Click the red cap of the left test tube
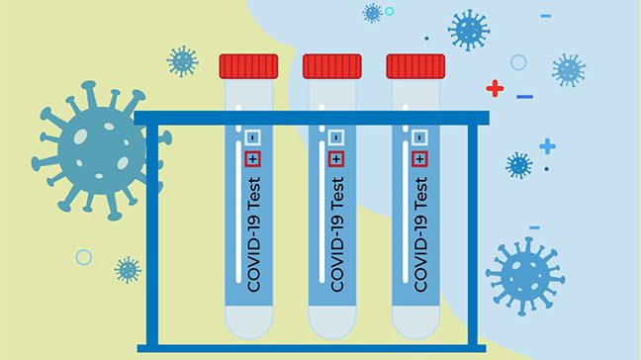click(x=248, y=66)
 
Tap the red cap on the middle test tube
click(x=332, y=66)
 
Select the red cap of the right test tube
click(x=415, y=66)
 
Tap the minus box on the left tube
click(x=252, y=137)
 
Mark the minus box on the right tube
click(x=420, y=137)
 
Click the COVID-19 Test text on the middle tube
click(x=337, y=233)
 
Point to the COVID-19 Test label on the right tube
click(x=421, y=233)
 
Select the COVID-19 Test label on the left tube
click(x=253, y=233)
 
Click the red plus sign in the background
click(x=495, y=89)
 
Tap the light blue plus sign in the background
click(x=547, y=146)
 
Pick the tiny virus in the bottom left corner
click(x=127, y=269)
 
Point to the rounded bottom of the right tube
click(x=415, y=321)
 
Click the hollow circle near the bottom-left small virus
click(x=83, y=257)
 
